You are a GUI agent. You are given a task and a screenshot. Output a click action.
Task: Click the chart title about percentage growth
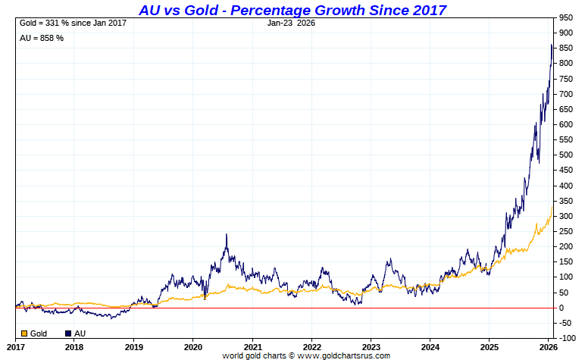point(292,10)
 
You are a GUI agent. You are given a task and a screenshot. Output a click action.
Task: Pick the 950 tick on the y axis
point(565,17)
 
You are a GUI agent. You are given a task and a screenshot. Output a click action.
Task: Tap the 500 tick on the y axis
point(565,155)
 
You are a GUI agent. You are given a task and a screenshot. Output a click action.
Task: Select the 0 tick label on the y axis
point(561,308)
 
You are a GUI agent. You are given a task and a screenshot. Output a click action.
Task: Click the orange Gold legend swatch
point(25,333)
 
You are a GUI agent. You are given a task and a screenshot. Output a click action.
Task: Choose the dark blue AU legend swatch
point(69,333)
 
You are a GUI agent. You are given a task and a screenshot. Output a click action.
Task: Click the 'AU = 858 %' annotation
point(41,38)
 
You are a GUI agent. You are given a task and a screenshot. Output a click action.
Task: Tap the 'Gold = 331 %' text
point(72,23)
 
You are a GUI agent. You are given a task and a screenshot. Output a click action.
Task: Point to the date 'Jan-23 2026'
point(291,23)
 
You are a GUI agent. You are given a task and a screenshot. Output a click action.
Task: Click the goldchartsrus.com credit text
point(306,355)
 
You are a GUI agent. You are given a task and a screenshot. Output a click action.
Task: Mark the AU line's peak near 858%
point(551,45)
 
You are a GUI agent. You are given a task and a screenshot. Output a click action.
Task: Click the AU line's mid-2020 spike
point(227,235)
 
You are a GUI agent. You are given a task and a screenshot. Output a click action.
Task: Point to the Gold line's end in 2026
point(552,206)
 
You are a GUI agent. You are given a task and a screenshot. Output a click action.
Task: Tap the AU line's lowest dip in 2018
point(111,318)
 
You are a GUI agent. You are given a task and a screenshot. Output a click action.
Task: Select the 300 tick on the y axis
point(565,216)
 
